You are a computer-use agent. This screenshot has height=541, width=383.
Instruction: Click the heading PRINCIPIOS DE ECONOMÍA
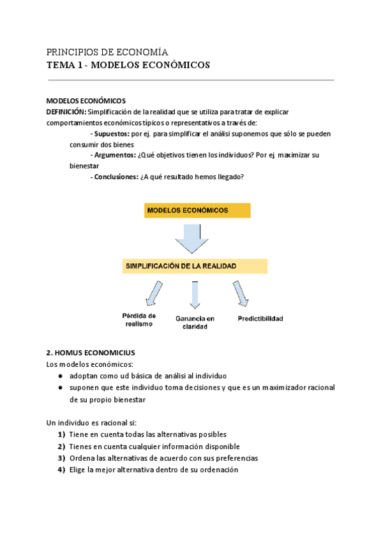click(107, 52)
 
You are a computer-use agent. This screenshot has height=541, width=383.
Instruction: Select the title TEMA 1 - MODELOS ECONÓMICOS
click(128, 65)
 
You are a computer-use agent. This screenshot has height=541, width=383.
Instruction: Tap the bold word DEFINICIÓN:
click(66, 112)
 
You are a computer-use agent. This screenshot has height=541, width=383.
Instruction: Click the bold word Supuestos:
click(110, 134)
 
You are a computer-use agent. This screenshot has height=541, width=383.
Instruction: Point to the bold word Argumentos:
click(114, 156)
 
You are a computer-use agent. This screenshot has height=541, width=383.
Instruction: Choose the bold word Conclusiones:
click(116, 177)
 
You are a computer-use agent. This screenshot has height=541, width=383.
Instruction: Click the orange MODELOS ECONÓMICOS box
click(197, 210)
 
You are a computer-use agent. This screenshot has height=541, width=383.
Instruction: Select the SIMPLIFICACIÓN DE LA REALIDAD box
click(195, 266)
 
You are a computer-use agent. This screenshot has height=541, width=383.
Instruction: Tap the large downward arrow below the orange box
click(191, 237)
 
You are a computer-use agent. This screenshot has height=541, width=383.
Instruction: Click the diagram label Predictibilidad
click(260, 318)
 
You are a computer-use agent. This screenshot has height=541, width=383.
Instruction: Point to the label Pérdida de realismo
click(139, 320)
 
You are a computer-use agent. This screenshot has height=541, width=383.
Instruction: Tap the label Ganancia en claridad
click(195, 322)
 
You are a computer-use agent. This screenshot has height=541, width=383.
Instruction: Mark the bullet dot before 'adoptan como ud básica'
click(59, 376)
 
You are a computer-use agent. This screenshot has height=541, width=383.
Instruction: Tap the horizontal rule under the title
click(191, 80)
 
